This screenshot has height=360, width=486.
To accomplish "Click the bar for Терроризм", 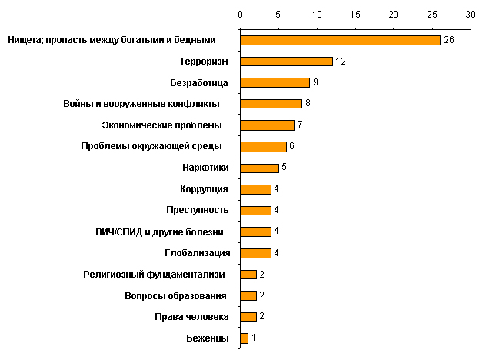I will coord(286,62).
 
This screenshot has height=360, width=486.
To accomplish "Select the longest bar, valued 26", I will coord(340,40).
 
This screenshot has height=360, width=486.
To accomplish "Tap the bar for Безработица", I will coord(275,82).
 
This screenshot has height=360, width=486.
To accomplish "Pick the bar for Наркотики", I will coord(259,168).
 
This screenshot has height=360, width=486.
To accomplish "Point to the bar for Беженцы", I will coord(244,338).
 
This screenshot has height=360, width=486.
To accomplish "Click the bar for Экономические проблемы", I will coord(267,125).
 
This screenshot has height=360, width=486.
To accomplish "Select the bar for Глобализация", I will coord(255,252).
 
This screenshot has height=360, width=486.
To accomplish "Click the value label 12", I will coord(340,62).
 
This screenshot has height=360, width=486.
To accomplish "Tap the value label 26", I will coord(448,40).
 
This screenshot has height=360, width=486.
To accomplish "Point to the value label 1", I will coord(254,338).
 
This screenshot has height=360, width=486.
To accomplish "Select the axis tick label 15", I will coord(355,14).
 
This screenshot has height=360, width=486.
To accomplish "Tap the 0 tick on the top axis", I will coord(240,14).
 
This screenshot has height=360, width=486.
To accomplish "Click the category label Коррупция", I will coord(202,189).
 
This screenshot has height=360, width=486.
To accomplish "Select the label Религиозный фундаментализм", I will coord(154,274).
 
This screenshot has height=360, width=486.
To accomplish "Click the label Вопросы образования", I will coord(175,295).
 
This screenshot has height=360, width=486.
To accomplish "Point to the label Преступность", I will coord(197,210).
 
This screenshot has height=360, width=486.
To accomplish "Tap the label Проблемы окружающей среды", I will coord(151,146).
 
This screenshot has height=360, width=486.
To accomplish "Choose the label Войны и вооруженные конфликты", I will coord(141,104).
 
